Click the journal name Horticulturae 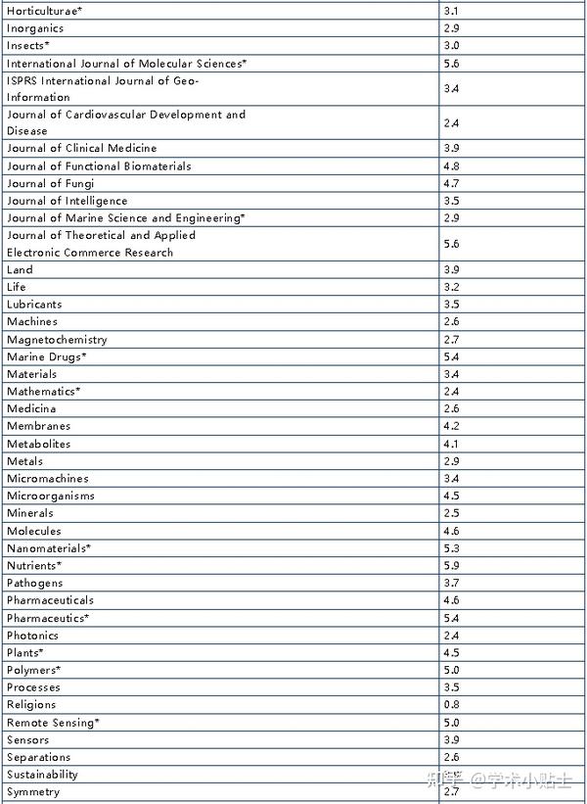[x=45, y=11]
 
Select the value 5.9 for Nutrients [x=451, y=566]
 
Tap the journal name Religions [x=31, y=705]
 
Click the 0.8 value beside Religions [x=451, y=705]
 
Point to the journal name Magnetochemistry [x=57, y=340]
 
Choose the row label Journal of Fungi [x=49, y=184]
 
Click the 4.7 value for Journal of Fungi [x=451, y=184]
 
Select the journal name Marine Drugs [x=46, y=357]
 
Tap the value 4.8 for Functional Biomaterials [x=451, y=166]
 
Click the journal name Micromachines [x=47, y=479]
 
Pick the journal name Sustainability [x=42, y=775]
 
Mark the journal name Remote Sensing [x=53, y=723]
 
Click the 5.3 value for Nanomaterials [x=451, y=548]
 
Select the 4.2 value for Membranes [x=451, y=427]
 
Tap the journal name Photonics [x=32, y=636]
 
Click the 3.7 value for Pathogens [x=451, y=584]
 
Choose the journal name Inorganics [x=35, y=28]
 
